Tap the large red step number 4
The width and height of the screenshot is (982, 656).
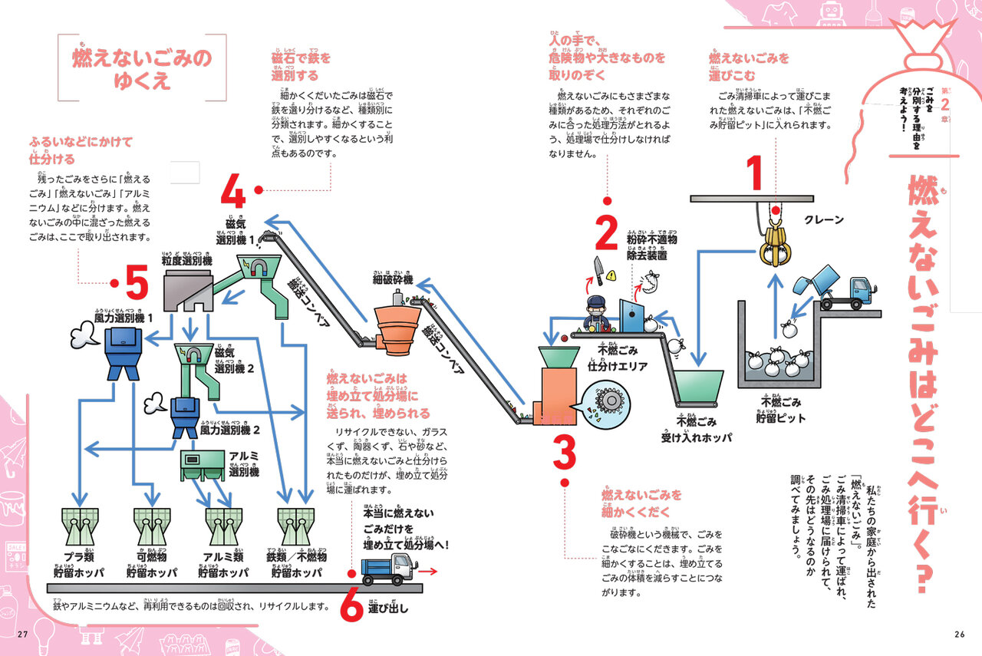point(233,192)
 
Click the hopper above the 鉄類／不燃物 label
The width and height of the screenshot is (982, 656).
point(295,526)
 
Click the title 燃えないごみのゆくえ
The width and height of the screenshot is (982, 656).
point(142,69)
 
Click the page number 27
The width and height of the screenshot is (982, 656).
point(22,634)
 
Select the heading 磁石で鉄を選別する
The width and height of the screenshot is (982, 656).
point(301,67)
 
